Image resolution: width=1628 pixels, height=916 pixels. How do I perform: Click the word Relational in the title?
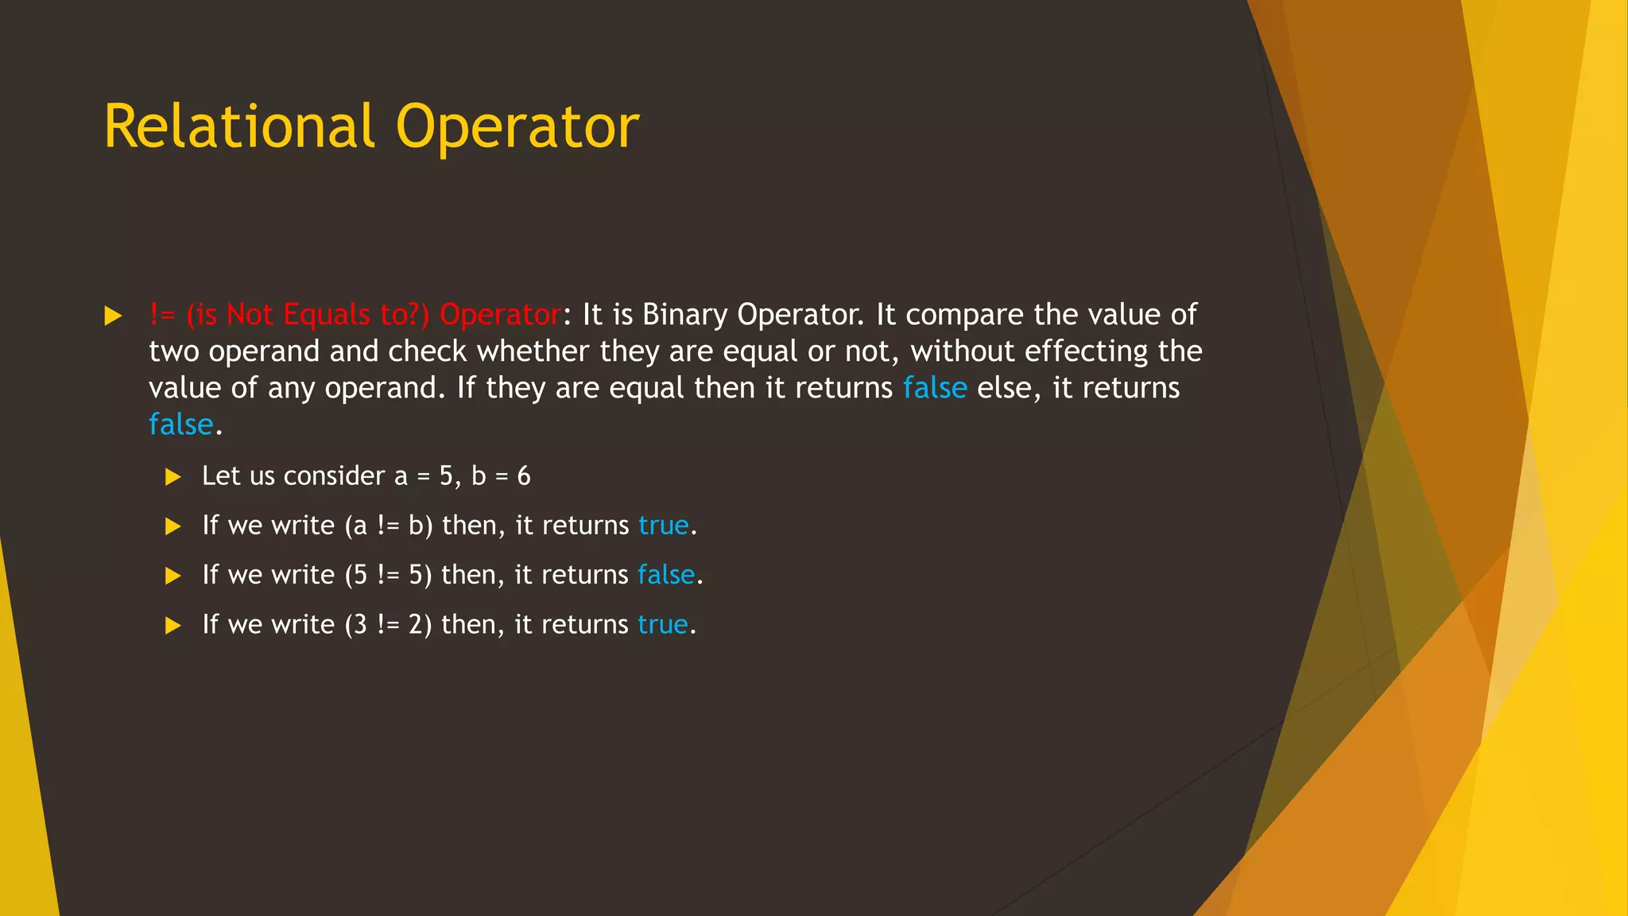238,126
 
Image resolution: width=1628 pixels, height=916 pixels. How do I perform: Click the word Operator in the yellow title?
517,126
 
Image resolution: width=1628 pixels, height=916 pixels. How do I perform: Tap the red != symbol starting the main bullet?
163,315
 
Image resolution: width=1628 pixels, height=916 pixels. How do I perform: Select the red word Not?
250,315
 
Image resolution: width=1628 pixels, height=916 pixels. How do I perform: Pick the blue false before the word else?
935,388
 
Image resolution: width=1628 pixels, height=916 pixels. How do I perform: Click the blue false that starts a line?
181,425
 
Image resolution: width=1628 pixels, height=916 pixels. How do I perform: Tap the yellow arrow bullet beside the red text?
113,316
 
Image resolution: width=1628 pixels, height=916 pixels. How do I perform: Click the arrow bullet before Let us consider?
172,477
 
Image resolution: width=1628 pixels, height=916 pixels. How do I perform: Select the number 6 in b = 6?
524,476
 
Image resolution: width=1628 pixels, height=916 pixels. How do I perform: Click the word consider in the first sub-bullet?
334,476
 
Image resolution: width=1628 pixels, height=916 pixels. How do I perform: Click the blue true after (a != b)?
664,526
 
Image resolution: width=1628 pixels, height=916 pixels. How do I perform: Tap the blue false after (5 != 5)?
666,575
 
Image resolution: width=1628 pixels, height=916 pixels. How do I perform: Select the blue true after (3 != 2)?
663,625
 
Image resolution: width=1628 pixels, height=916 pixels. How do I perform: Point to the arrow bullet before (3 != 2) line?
172,626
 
